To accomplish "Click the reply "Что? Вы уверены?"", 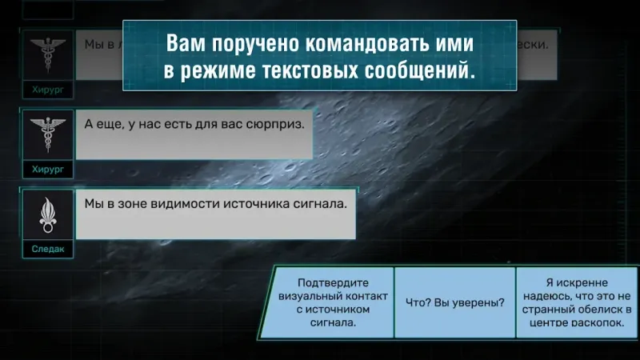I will click(x=454, y=302).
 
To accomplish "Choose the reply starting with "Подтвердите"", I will click(x=333, y=302).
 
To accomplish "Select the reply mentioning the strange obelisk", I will click(x=574, y=302).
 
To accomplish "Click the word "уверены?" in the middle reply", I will click(x=477, y=302).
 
